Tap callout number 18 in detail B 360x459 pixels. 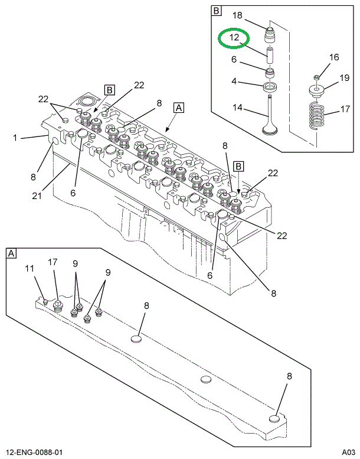(237, 15)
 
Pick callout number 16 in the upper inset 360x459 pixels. (334, 57)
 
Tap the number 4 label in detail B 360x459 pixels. (234, 82)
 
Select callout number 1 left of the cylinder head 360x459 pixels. (15, 138)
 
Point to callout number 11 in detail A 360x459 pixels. (30, 269)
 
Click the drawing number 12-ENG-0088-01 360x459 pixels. (34, 453)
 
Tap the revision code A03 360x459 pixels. (347, 453)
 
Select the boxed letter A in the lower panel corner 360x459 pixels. (11, 253)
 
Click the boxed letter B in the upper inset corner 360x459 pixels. (216, 11)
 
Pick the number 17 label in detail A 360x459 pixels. (53, 262)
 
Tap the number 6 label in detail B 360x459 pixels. (234, 60)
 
